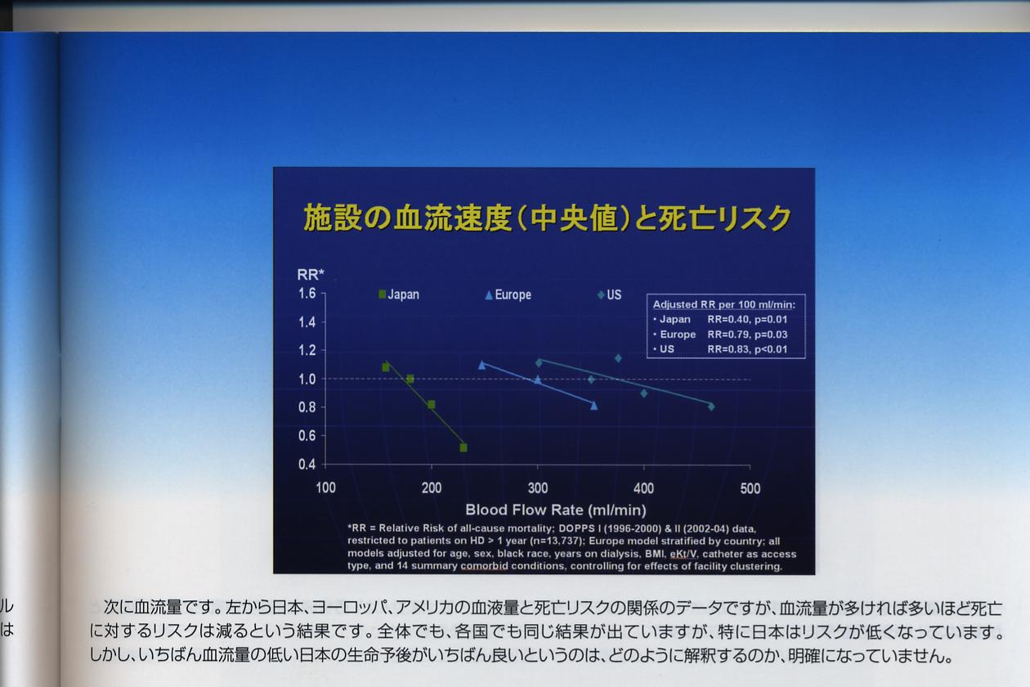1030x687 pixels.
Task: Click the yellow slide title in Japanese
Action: pos(547,218)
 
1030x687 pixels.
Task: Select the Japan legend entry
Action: pos(399,294)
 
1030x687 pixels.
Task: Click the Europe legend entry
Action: pos(508,294)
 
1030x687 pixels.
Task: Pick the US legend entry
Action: pos(609,294)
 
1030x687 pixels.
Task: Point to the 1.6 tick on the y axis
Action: pos(307,293)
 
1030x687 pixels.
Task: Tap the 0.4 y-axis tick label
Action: pos(307,465)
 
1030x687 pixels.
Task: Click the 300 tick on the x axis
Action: pos(538,487)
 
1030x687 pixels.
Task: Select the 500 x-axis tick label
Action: pos(750,488)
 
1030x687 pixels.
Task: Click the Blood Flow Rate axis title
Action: pos(556,510)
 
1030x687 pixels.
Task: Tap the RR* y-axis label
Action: pos(311,275)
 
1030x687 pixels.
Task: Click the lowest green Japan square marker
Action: pos(463,447)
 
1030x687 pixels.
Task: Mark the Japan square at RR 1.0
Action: pos(410,379)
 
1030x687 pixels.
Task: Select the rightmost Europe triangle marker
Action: pos(594,406)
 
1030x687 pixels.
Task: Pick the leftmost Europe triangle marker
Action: pos(482,366)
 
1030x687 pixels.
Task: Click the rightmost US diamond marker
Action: pos(711,406)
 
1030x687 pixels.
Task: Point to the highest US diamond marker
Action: pos(618,358)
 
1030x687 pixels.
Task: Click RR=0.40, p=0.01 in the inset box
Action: pos(747,319)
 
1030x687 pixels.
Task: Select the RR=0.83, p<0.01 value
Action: pos(747,349)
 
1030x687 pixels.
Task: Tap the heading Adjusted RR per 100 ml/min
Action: pos(724,304)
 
